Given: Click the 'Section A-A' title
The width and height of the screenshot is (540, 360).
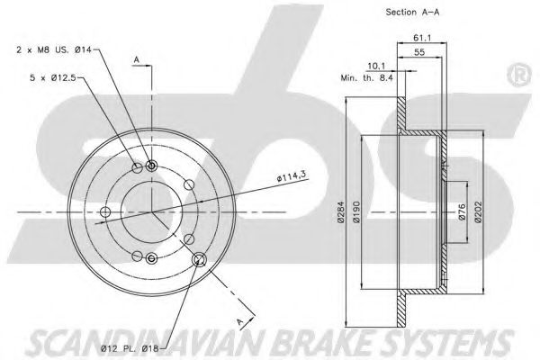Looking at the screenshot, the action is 412,13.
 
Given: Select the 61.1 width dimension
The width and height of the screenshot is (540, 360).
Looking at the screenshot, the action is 422,38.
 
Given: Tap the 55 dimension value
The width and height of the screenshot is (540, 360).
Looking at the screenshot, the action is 419,52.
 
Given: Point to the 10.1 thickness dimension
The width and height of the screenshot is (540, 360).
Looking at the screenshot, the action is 376,66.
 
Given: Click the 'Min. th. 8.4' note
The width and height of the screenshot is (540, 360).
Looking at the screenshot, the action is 367,78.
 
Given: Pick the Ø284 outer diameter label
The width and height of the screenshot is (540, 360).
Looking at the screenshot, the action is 340,213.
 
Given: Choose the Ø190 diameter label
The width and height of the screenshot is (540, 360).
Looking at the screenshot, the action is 356,212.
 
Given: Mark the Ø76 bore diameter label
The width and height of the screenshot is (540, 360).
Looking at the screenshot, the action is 463,213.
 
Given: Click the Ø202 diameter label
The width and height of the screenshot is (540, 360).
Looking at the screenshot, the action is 478,212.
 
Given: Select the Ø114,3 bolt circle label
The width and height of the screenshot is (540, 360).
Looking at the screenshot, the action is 292,177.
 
